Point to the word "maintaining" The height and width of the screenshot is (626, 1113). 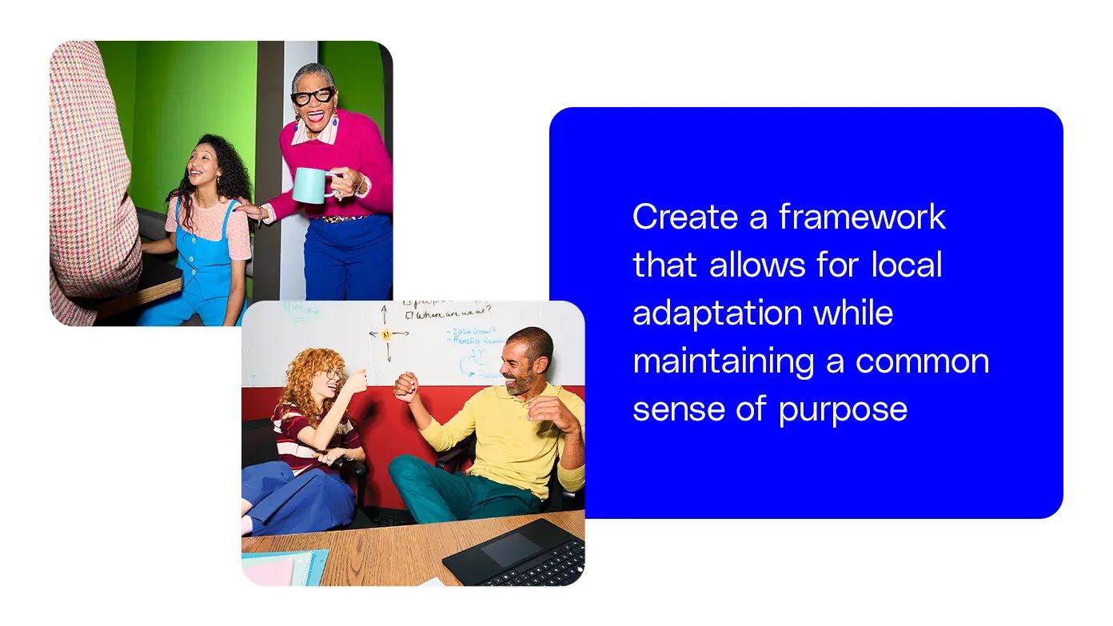723,361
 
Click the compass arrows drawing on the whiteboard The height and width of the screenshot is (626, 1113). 387,333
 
